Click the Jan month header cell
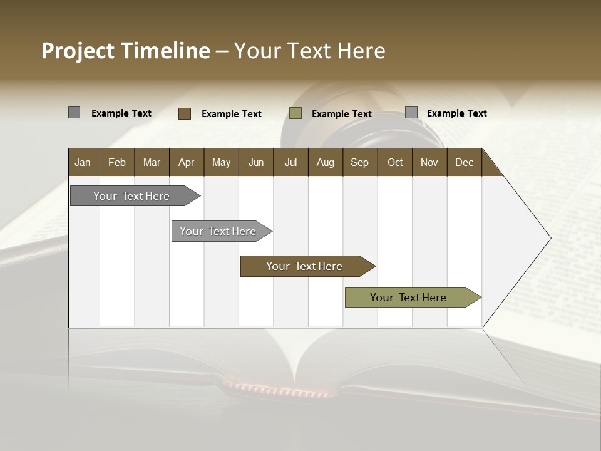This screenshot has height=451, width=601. [83, 162]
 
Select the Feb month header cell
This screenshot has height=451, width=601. [117, 162]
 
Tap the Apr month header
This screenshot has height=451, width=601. [187, 162]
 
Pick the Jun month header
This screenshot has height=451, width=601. [256, 162]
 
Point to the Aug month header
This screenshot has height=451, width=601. [326, 162]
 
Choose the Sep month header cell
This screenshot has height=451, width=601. [360, 162]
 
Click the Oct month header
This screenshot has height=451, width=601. [395, 162]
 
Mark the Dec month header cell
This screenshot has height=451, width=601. [465, 162]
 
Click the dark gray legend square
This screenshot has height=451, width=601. [74, 113]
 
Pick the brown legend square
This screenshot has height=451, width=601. [185, 113]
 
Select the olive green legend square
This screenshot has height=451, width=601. [295, 113]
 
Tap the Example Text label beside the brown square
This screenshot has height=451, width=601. [232, 114]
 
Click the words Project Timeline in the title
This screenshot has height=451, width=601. [125, 51]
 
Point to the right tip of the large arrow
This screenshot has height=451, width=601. [550, 238]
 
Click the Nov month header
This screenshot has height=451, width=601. [429, 162]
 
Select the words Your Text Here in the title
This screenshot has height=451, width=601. [310, 51]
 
